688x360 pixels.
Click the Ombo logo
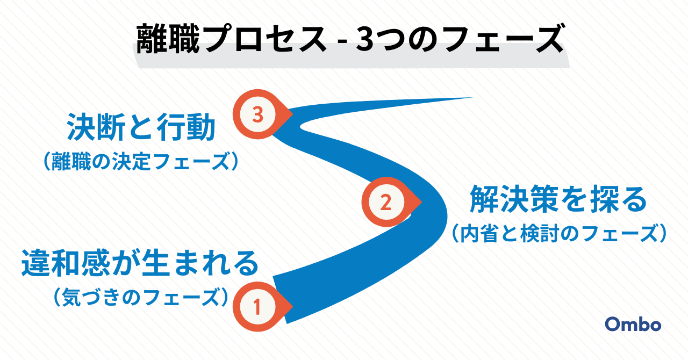click(633, 325)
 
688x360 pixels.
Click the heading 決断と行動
click(141, 127)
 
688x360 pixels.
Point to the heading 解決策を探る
click(558, 199)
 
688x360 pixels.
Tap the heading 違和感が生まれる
click(140, 263)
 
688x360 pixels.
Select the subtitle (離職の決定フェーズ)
click(141, 161)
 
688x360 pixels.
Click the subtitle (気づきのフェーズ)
click(141, 297)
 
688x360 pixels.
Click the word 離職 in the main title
click(168, 39)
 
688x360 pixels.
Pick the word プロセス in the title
click(265, 39)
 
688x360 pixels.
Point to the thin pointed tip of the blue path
click(472, 98)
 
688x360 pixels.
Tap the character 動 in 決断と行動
click(200, 127)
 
